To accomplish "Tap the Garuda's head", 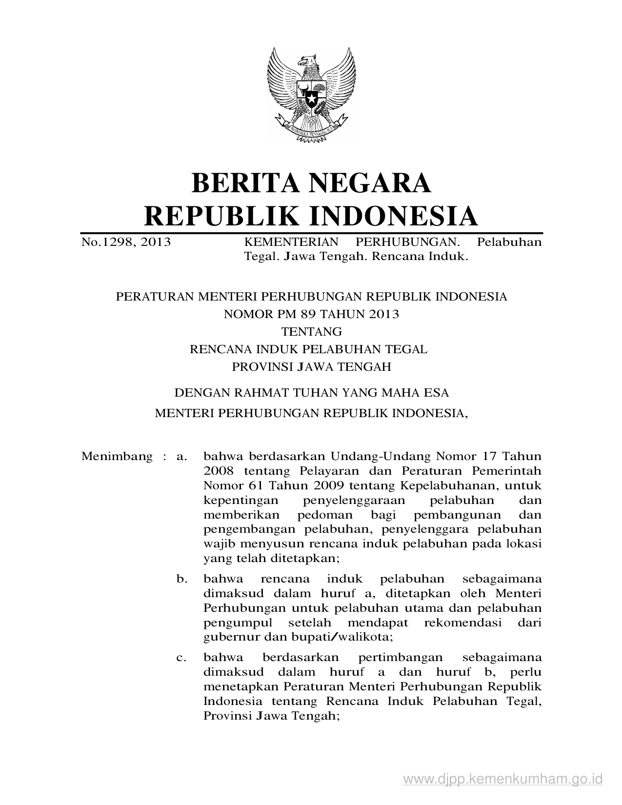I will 309,62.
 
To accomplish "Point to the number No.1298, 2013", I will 126,242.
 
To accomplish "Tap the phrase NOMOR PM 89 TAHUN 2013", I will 311,314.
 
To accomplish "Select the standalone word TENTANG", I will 311,332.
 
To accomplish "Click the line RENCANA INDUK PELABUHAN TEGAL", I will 308,349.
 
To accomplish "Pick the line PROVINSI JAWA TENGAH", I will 311,367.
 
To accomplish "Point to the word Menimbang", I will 117,457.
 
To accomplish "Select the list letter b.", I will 181,579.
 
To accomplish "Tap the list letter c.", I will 181,658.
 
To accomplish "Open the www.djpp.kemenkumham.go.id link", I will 503,778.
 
